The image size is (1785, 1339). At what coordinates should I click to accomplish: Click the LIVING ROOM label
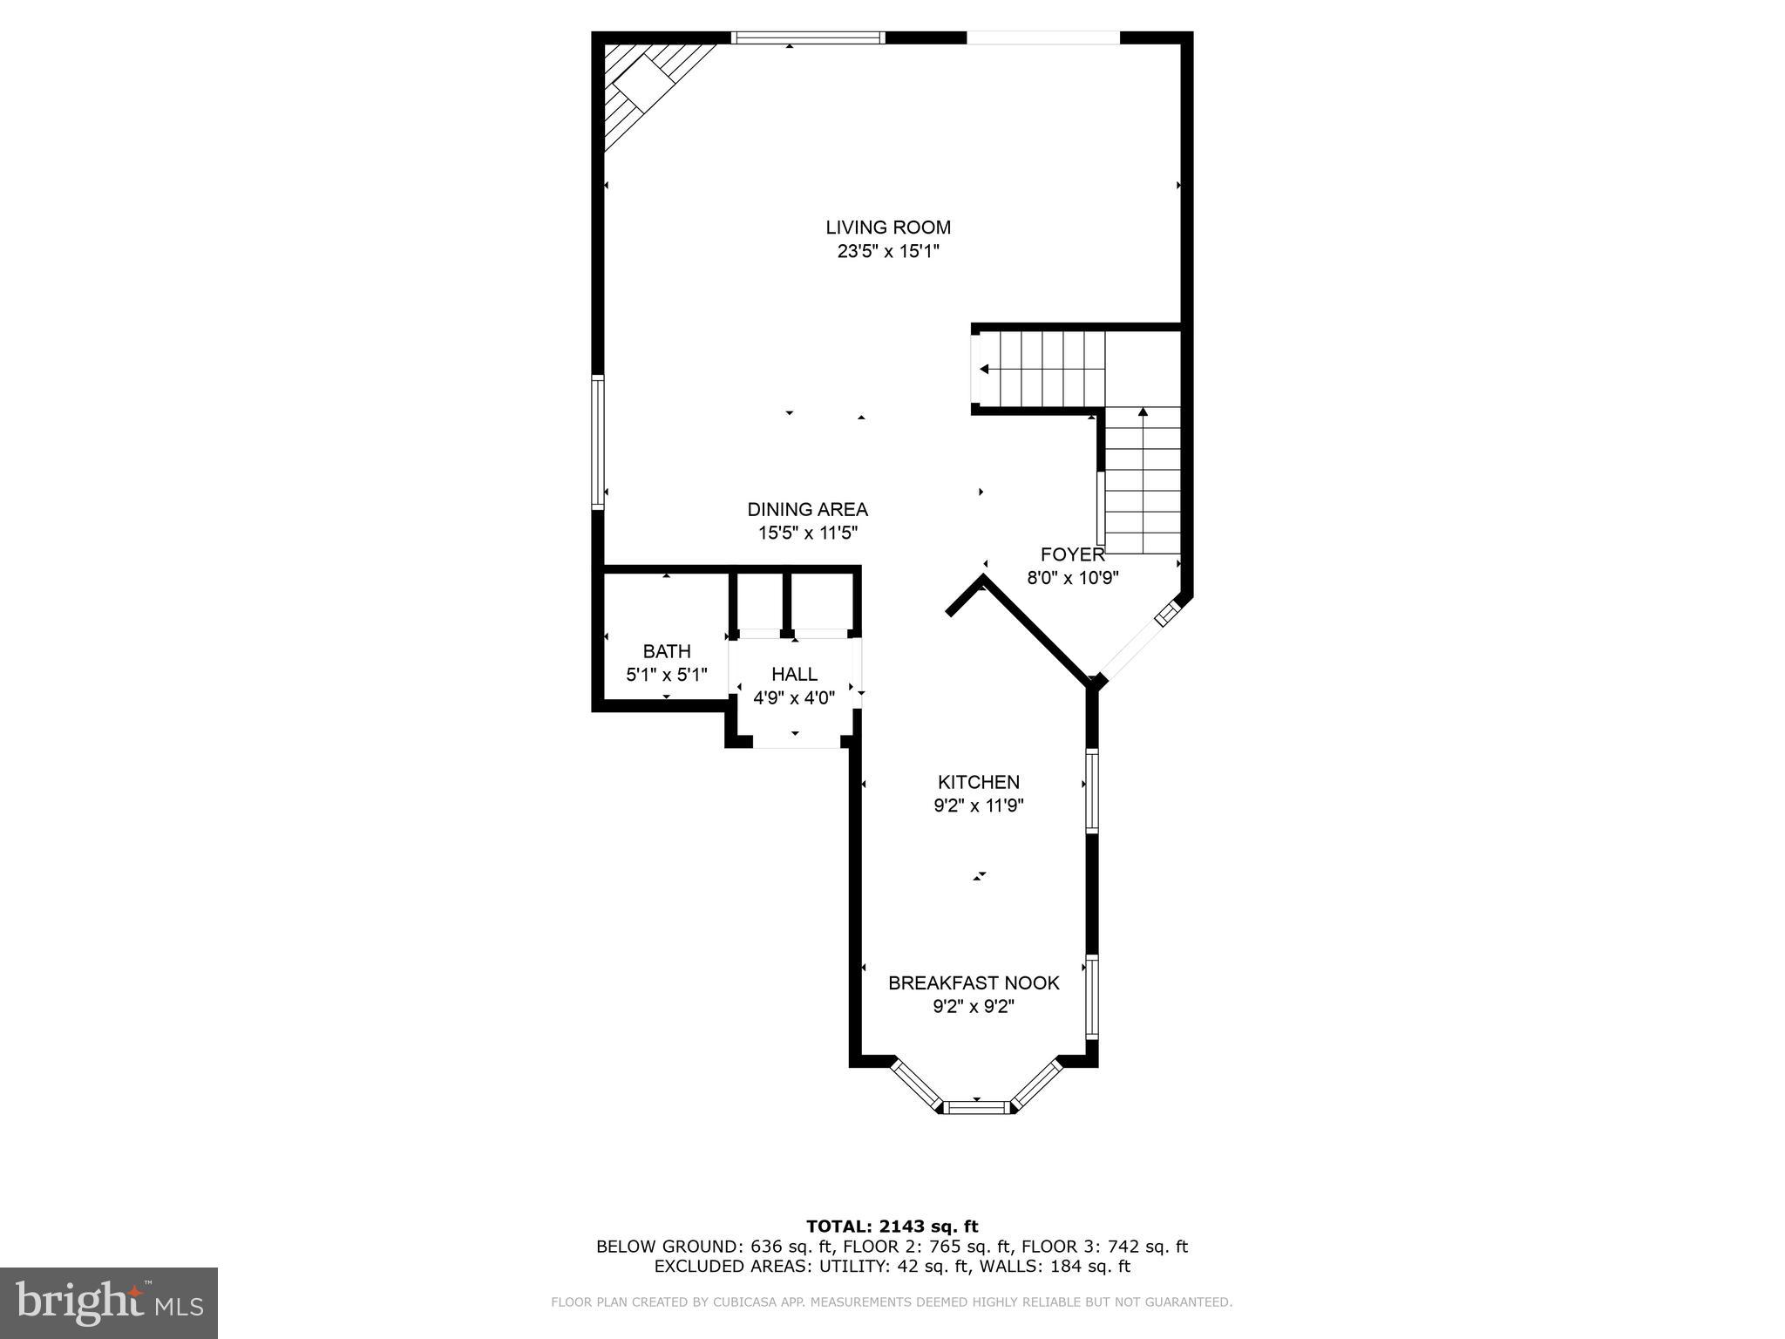click(887, 228)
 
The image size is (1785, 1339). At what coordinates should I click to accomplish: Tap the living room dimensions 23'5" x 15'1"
click(887, 252)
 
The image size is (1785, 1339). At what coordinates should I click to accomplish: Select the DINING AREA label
click(807, 510)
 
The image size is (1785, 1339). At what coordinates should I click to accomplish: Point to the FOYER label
click(1072, 554)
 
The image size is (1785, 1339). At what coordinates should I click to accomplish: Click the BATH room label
click(667, 651)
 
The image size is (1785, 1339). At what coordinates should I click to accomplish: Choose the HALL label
click(794, 674)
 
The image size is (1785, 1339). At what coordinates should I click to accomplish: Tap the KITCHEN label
click(978, 782)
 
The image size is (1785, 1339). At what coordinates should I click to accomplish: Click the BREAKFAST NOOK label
click(974, 983)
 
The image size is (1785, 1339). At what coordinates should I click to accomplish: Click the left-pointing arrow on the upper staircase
click(984, 370)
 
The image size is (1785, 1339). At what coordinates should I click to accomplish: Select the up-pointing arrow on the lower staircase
click(1142, 412)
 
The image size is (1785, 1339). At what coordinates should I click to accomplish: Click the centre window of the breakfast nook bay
click(977, 1108)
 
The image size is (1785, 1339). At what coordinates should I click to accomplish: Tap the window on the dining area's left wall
click(598, 442)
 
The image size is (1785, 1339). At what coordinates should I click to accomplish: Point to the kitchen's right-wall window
click(1091, 790)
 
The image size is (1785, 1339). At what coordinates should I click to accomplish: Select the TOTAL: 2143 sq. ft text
click(892, 1227)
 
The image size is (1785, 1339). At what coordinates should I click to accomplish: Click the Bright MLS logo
click(109, 1302)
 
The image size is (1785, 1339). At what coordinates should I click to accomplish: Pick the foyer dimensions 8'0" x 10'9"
click(1072, 578)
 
